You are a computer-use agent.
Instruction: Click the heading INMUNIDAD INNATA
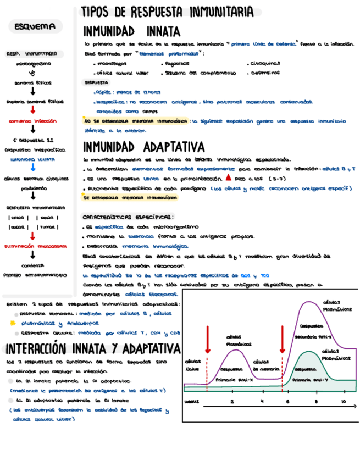pos(131,32)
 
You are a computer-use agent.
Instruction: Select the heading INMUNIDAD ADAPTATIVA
pos(144,147)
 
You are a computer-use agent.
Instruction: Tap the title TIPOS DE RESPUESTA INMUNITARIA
pos(167,12)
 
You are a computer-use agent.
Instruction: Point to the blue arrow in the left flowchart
pos(34,168)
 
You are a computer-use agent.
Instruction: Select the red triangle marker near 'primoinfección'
pos(228,177)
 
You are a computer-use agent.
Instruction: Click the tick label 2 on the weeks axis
pos(232,402)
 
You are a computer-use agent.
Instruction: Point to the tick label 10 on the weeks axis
pos(343,402)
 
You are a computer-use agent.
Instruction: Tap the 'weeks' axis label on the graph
pos(191,402)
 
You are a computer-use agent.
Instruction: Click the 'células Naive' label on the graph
pos(192,365)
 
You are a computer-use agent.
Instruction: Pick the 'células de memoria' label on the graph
pos(267,365)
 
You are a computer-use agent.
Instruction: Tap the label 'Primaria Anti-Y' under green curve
pos(311,380)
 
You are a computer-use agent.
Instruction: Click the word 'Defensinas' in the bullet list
pos(265,72)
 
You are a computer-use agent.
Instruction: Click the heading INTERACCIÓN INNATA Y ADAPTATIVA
pos(92,349)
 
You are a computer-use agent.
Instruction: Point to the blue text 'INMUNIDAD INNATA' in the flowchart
pos(33,159)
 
